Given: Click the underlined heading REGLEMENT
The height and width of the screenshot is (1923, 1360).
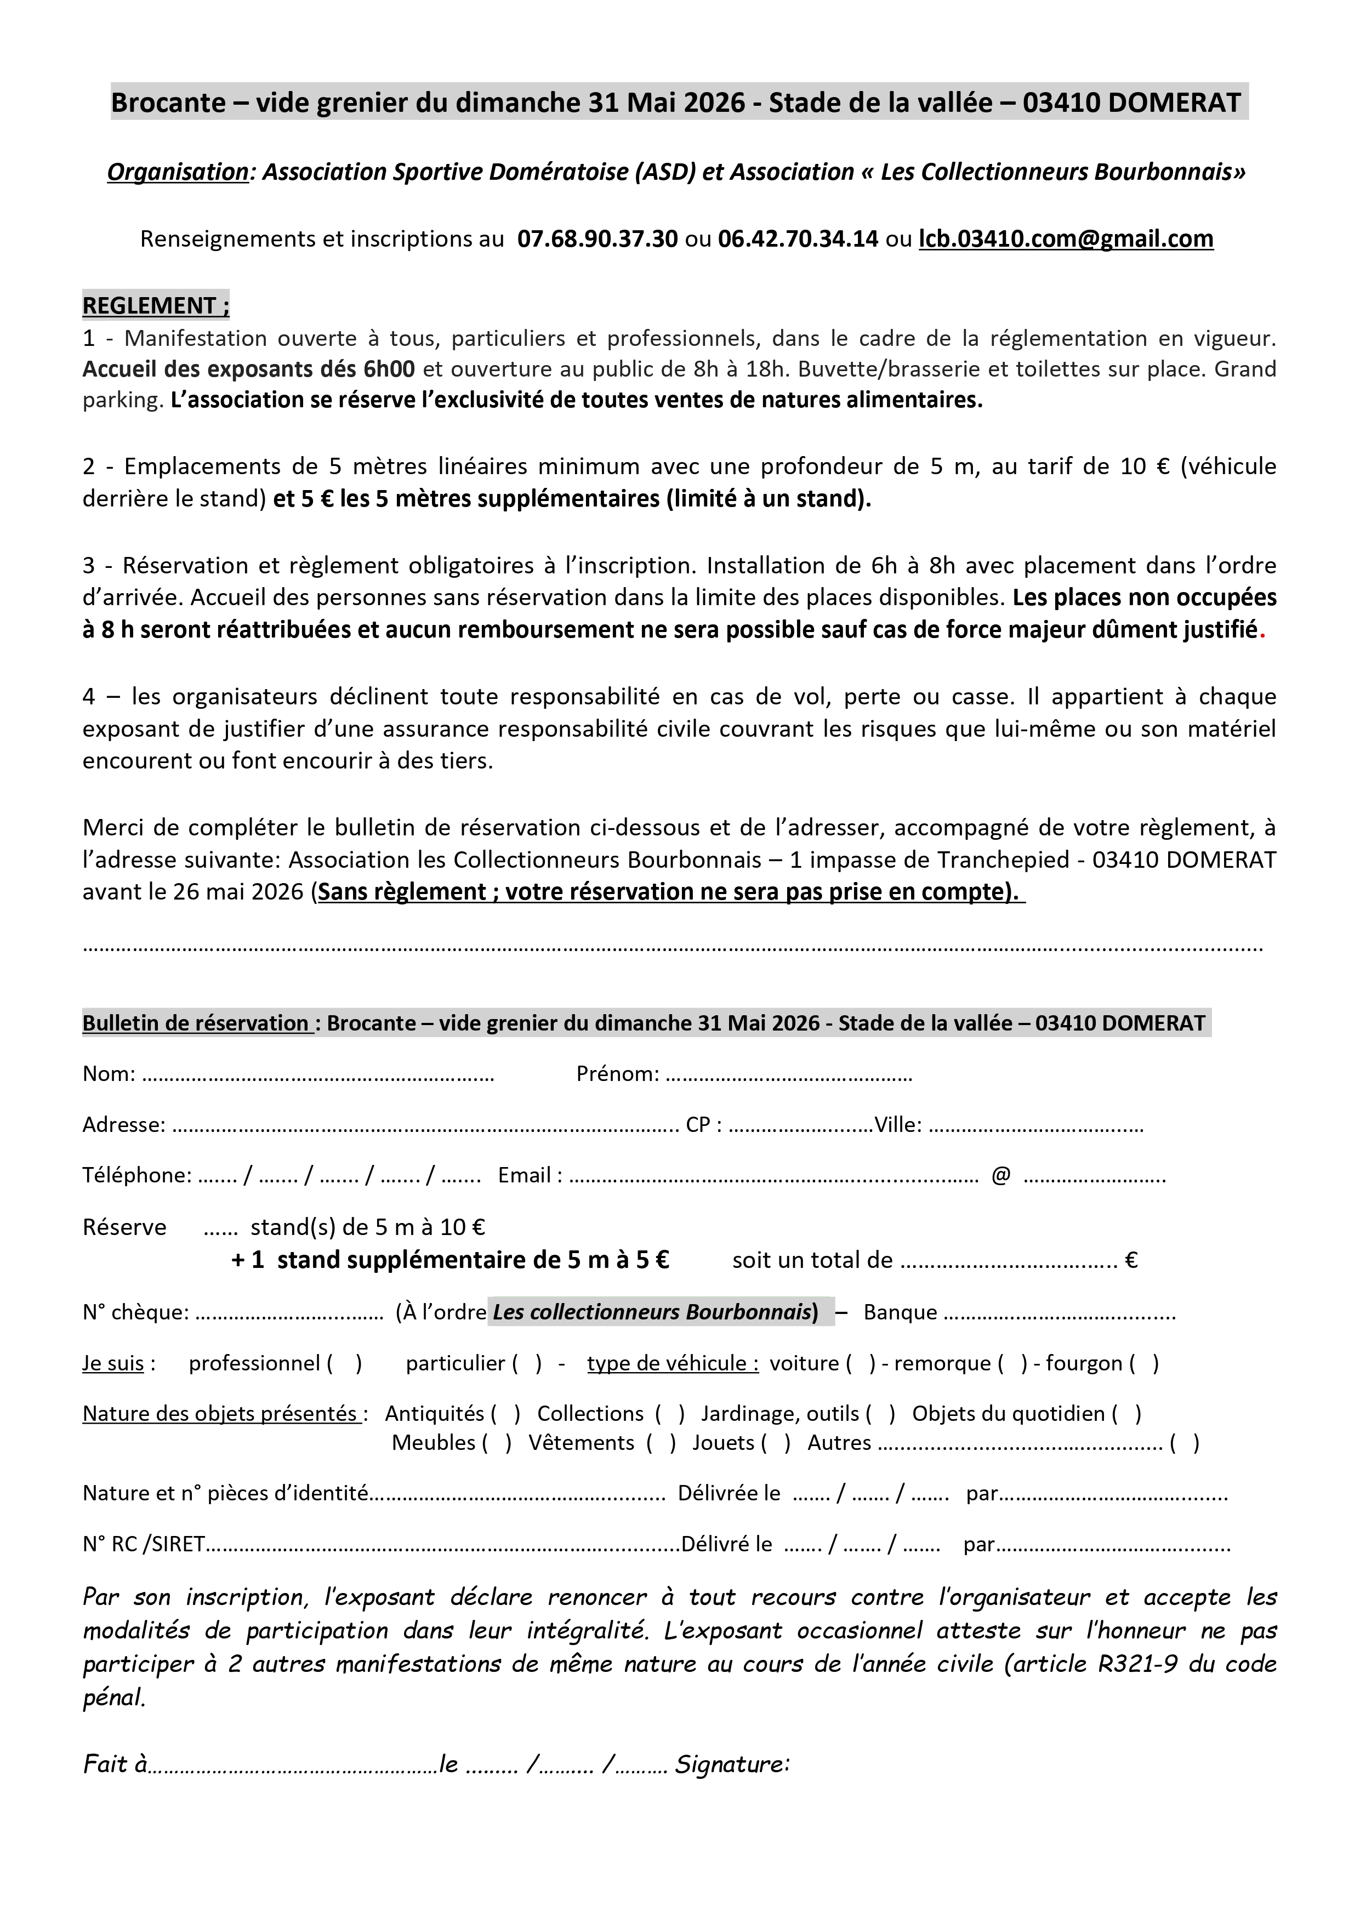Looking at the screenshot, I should point(156,306).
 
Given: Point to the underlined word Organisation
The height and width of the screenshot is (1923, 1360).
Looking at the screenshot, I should point(178,172).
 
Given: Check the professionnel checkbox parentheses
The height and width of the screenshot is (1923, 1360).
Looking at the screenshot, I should point(344,1363).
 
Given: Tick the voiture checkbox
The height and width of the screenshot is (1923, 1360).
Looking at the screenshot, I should point(860,1363).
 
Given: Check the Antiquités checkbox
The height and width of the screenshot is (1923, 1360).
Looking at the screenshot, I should point(506,1414).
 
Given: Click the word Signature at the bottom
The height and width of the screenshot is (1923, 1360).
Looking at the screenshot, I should point(733,1765).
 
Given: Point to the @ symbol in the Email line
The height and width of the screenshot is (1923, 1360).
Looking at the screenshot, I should point(1001,1176).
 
